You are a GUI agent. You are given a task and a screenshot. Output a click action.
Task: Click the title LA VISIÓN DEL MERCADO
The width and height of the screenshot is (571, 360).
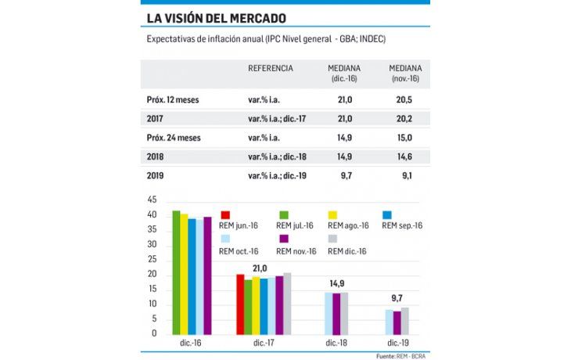(x=215, y=18)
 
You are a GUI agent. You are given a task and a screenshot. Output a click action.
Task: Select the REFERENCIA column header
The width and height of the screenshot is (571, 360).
(x=271, y=69)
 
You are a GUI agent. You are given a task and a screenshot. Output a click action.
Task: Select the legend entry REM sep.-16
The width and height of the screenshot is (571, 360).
(x=401, y=225)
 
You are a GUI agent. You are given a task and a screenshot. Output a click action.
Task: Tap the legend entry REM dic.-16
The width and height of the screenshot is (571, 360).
(x=347, y=250)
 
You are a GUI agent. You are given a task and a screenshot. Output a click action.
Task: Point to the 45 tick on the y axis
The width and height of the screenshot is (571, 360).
(x=153, y=200)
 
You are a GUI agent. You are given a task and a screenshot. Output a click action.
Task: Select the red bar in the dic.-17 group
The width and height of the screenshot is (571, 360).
(x=241, y=304)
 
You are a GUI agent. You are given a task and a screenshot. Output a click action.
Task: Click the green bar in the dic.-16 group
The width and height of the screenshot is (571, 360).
(x=176, y=273)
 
